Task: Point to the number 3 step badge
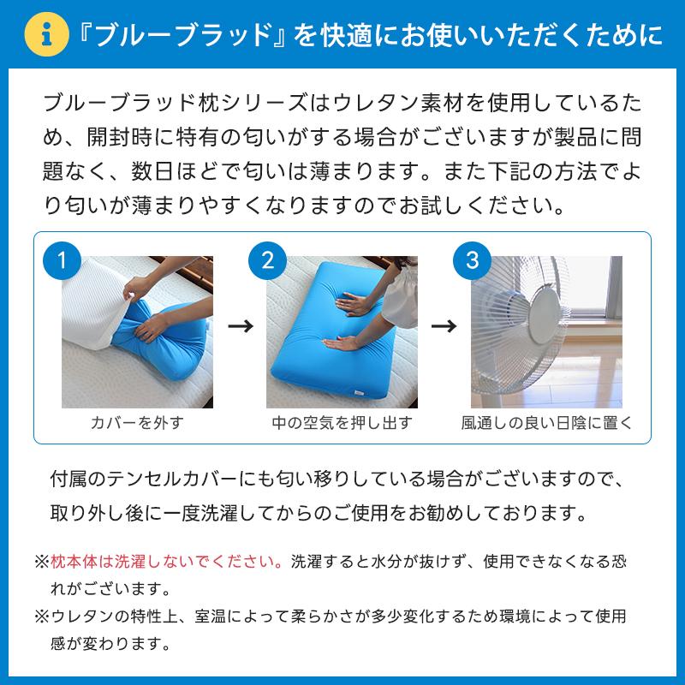pyautogui.click(x=472, y=259)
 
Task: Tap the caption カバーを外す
pyautogui.click(x=137, y=423)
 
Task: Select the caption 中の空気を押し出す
pyautogui.click(x=342, y=423)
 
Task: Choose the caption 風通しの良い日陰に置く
pyautogui.click(x=546, y=423)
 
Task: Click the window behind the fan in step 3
pyautogui.click(x=599, y=291)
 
